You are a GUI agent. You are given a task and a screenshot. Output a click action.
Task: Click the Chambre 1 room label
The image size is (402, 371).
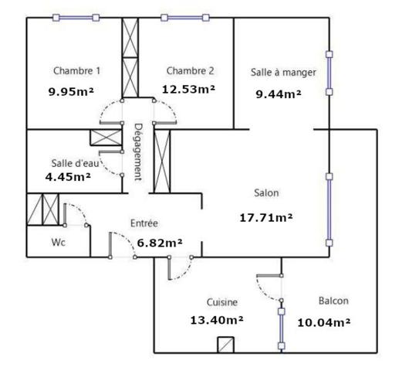76,70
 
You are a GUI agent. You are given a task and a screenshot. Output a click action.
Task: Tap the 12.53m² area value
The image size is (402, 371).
188,90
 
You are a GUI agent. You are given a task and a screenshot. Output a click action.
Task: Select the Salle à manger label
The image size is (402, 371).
283,72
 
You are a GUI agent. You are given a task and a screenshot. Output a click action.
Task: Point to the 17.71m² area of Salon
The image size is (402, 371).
266,218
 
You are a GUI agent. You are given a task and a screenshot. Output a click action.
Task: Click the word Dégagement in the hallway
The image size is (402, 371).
138,152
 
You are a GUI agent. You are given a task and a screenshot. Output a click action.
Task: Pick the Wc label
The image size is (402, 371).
59,242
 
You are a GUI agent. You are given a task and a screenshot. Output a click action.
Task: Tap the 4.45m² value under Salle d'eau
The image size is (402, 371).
68,177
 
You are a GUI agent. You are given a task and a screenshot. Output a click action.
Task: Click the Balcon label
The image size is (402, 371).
333,301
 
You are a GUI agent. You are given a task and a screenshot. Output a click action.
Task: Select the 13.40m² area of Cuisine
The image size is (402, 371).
217,320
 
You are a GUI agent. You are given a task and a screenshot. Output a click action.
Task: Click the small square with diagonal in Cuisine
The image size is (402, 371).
225,345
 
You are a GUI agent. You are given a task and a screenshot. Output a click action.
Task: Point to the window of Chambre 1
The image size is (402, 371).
76,18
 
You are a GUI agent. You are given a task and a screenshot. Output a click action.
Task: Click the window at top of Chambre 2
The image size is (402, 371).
185,18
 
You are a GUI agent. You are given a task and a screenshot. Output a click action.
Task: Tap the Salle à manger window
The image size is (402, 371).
329,73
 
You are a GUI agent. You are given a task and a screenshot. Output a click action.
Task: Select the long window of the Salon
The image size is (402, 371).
329,209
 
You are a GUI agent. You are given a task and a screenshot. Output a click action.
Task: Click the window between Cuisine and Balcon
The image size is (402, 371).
282,328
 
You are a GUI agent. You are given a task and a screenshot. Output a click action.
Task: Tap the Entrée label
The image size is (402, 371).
144,223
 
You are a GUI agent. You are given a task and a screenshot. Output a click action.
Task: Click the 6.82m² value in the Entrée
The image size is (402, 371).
160,243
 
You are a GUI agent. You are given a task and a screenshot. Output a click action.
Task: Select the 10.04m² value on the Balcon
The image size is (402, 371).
324,322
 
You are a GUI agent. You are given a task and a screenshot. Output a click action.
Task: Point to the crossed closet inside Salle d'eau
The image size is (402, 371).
106,138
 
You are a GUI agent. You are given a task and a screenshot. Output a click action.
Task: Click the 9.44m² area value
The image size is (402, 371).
279,94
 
